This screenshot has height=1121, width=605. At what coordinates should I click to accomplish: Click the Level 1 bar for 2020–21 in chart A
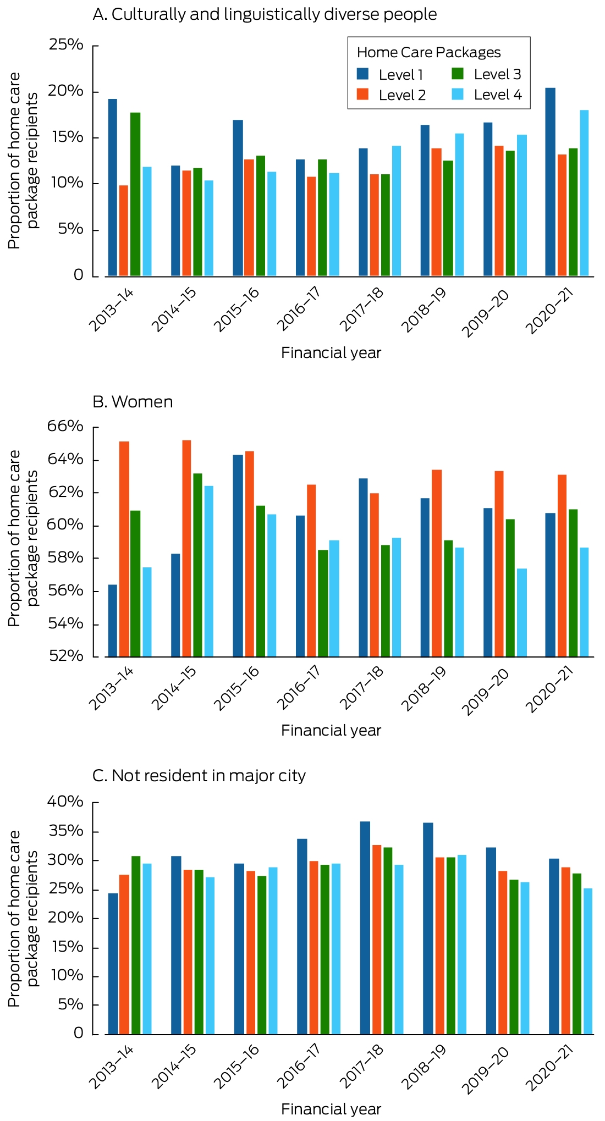(550, 182)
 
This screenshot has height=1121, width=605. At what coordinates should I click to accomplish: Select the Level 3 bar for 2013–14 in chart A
(135, 194)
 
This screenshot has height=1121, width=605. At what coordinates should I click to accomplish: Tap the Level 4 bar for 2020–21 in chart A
(584, 193)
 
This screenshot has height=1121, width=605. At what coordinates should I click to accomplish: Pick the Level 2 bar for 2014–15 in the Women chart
(186, 549)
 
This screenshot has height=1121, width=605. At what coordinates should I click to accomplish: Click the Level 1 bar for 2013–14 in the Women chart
(112, 621)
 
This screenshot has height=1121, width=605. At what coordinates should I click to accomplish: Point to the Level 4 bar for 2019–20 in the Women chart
(522, 613)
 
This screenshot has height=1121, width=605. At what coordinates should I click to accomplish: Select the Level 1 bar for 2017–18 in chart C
(365, 928)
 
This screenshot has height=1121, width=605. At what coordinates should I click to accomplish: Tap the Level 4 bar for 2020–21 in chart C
(588, 962)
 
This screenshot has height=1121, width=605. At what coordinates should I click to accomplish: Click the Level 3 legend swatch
(458, 74)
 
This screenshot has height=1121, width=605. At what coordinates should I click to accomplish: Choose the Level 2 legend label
(402, 95)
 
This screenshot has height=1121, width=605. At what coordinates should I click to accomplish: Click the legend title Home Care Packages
(429, 52)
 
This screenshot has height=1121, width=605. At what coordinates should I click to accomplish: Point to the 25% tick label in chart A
(66, 45)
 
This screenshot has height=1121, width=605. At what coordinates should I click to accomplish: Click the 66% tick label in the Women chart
(66, 427)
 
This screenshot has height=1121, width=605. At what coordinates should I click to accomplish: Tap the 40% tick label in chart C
(66, 802)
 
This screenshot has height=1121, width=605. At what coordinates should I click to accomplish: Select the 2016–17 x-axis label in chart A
(299, 310)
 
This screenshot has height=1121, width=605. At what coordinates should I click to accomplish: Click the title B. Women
(133, 402)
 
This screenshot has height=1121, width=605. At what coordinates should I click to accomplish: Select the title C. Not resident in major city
(199, 776)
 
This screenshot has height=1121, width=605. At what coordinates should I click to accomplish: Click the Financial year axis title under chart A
(331, 353)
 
